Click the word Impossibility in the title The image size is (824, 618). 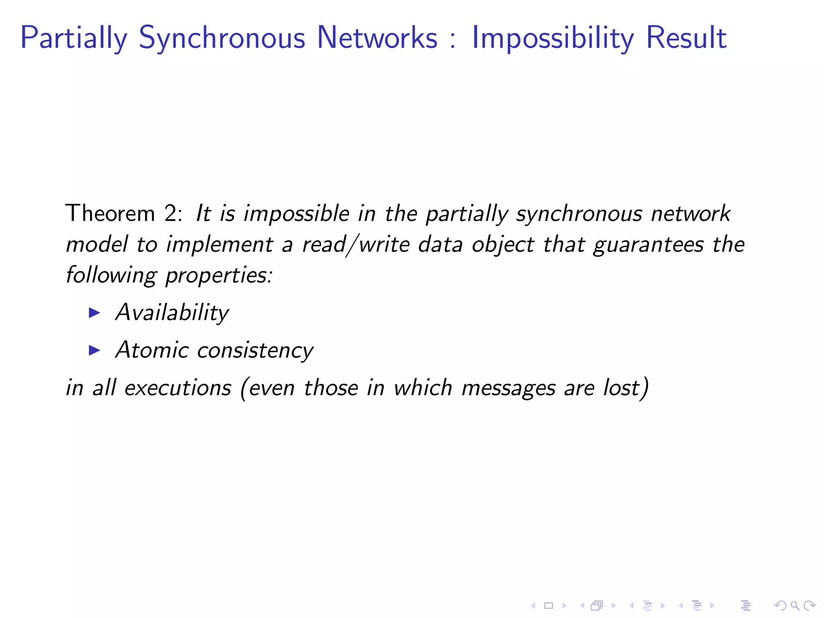pyautogui.click(x=553, y=38)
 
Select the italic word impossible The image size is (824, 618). pyautogui.click(x=297, y=213)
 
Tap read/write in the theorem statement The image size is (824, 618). pyautogui.click(x=356, y=245)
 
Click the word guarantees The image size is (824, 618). pyautogui.click(x=649, y=245)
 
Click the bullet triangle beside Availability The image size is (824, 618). pyautogui.click(x=94, y=313)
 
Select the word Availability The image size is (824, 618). pyautogui.click(x=172, y=313)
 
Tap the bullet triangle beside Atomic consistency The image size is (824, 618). pyautogui.click(x=94, y=350)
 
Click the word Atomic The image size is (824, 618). pyautogui.click(x=152, y=350)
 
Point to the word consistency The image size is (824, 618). pyautogui.click(x=255, y=350)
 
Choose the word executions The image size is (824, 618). pyautogui.click(x=178, y=388)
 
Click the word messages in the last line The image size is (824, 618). pyautogui.click(x=508, y=388)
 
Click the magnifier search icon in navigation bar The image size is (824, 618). pyautogui.click(x=794, y=606)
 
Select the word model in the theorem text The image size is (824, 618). pyautogui.click(x=97, y=244)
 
